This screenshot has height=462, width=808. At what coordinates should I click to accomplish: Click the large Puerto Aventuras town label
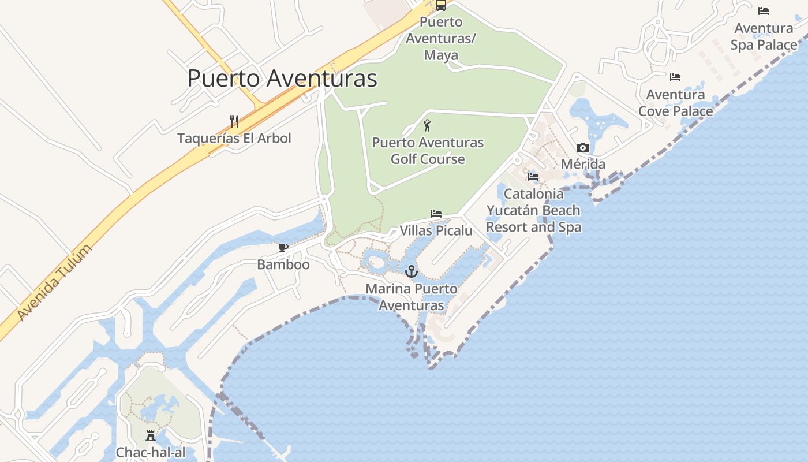[x=282, y=78]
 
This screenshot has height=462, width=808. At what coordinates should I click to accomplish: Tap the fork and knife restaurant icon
[x=234, y=121]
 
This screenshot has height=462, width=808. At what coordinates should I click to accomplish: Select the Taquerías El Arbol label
[x=234, y=138]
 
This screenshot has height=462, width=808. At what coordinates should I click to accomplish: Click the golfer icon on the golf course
[x=427, y=125]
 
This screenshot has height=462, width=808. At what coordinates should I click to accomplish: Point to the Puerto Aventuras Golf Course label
[x=428, y=150]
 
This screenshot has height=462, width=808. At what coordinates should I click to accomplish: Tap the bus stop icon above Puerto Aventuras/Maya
[x=441, y=5]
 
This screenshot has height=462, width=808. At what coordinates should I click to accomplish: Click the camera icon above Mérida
[x=583, y=148]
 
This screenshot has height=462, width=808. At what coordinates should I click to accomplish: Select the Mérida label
[x=583, y=164]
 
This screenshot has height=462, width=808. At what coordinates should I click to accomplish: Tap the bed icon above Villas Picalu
[x=436, y=214]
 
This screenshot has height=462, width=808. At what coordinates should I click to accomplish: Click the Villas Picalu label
[x=436, y=230]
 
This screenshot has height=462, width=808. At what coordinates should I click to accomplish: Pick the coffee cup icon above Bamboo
[x=283, y=248]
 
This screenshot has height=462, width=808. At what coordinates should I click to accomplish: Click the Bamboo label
[x=283, y=264]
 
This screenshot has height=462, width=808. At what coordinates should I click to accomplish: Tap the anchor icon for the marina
[x=412, y=271]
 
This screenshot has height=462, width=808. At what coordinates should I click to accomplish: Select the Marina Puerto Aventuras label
[x=412, y=297]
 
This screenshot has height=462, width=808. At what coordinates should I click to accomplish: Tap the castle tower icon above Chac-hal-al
[x=151, y=435]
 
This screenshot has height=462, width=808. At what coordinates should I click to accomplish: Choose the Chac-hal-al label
[x=151, y=452]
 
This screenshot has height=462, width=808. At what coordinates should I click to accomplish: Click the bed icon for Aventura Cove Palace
[x=675, y=77]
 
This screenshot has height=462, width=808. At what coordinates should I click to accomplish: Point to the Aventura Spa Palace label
[x=764, y=36]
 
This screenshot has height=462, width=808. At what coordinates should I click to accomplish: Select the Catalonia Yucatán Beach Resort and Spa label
[x=533, y=210]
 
